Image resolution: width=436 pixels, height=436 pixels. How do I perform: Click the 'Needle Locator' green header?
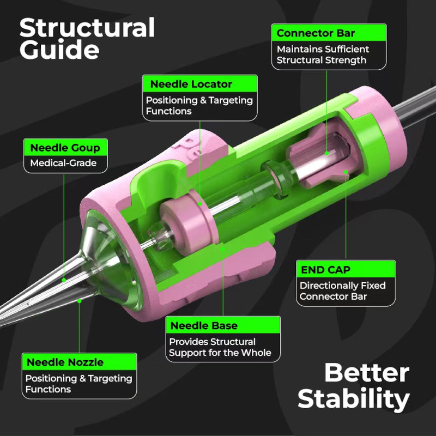coord(199,84)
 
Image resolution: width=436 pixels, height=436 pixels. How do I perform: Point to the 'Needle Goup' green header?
coord(65,148)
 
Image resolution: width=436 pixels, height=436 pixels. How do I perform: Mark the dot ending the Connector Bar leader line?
coord(326,153)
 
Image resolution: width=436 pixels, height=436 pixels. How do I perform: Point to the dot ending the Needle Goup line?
coord(64,280)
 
